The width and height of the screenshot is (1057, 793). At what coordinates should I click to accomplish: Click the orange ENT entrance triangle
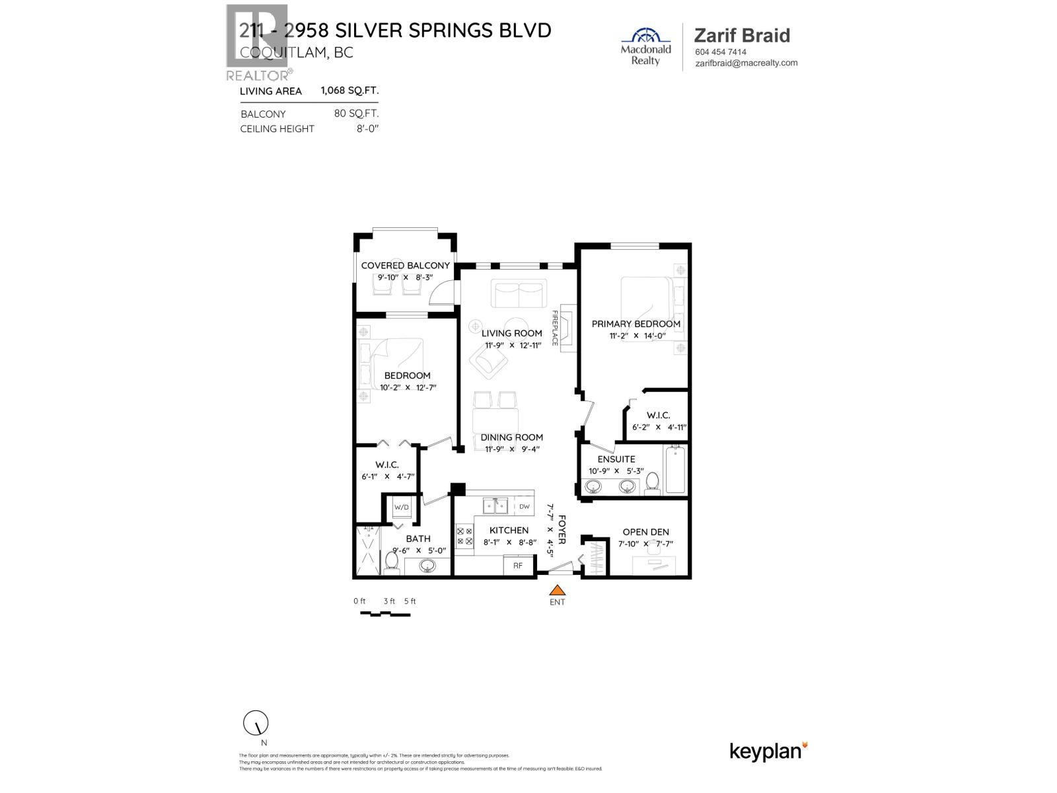point(558,590)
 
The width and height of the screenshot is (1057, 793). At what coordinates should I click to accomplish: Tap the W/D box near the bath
point(402,508)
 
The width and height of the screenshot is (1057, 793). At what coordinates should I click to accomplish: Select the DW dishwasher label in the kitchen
point(524,507)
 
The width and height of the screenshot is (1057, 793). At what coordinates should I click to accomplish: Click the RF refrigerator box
point(519,566)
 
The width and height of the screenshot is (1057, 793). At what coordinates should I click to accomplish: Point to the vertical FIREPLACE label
point(555,328)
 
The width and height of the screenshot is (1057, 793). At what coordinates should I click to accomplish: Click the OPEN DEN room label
point(645,532)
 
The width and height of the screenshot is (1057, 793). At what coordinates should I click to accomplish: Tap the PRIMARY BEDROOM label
point(636,324)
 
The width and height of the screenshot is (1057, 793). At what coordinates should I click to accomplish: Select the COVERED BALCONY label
point(405,266)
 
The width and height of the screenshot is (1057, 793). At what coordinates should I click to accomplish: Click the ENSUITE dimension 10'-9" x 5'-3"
point(616,471)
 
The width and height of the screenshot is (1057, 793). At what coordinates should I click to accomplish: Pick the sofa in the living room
point(519,293)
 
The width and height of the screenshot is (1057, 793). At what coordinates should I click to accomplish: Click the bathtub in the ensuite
point(676,469)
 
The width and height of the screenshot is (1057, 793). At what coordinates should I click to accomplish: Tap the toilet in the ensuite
point(653,483)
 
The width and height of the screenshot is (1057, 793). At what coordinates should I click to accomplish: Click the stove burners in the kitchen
point(464,536)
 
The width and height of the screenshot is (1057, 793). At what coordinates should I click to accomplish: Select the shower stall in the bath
point(365,550)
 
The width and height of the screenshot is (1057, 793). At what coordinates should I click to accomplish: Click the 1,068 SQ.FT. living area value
point(349,91)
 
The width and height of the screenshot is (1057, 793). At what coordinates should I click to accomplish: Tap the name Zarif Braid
point(742,36)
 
